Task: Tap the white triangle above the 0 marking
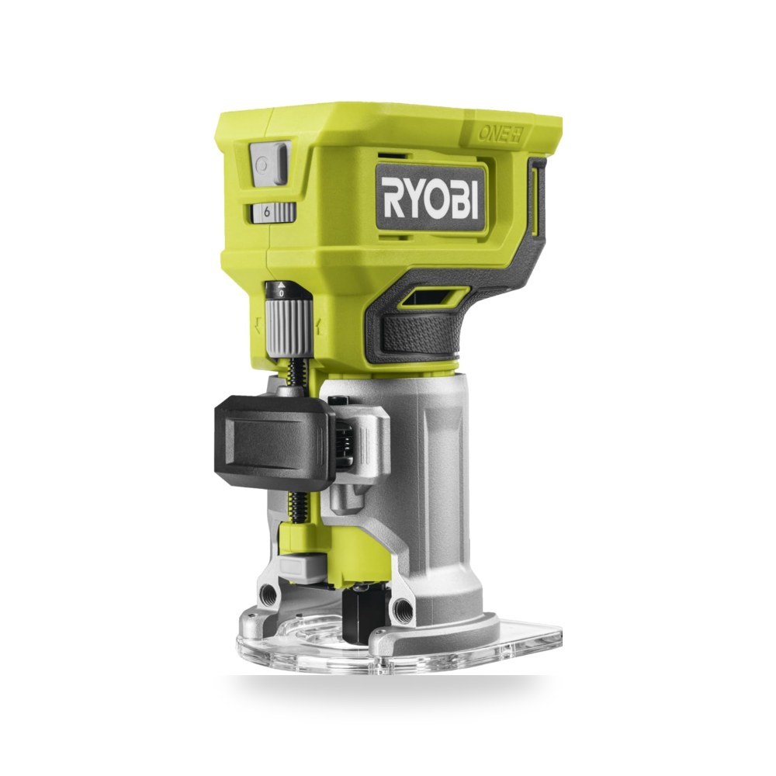(x=281, y=284)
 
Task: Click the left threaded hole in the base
(x=269, y=591)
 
